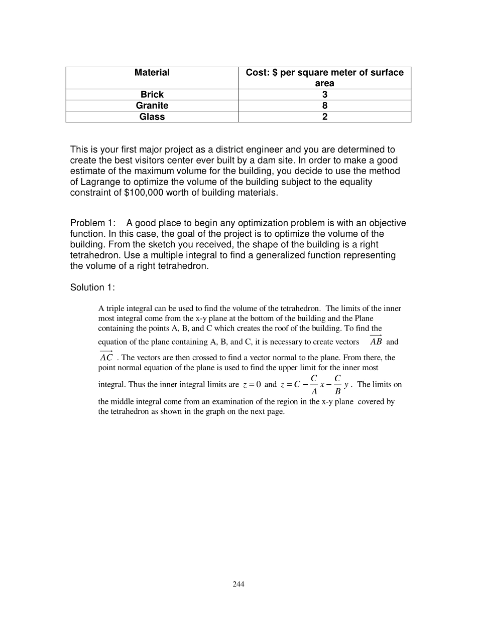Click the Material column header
[x=152, y=73]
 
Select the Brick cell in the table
[x=152, y=94]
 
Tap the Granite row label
[x=152, y=105]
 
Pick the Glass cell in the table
[x=152, y=116]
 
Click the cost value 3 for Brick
[x=324, y=94]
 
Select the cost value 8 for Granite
[x=324, y=105]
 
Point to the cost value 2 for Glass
[x=324, y=116]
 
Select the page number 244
[x=238, y=584]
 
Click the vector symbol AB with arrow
[x=376, y=341]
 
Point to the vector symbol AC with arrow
[x=106, y=357]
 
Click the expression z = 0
[x=252, y=385]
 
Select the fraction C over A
[x=314, y=385]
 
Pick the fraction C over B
[x=337, y=385]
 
